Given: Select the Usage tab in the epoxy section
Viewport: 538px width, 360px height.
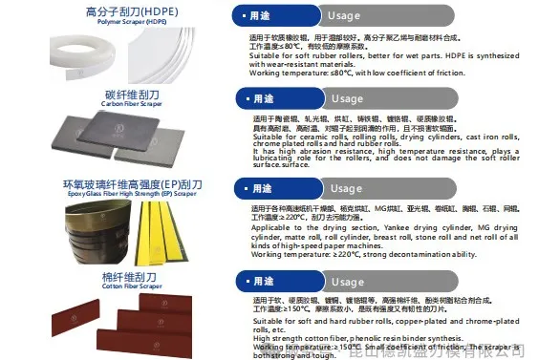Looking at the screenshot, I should (x=347, y=188).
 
